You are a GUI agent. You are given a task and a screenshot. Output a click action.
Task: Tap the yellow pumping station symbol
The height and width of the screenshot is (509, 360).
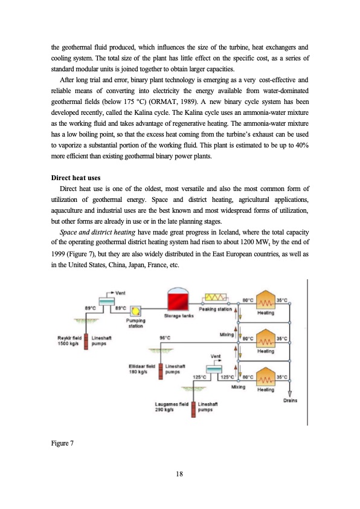[x=135, y=311]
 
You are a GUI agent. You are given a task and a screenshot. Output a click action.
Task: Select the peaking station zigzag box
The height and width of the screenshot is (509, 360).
[x=216, y=297]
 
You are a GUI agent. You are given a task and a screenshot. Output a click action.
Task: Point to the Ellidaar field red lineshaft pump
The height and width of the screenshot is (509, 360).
[x=161, y=370]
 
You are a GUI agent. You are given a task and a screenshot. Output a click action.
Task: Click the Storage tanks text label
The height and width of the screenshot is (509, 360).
[x=179, y=316]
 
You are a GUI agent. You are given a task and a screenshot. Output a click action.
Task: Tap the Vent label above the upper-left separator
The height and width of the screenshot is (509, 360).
[x=120, y=293]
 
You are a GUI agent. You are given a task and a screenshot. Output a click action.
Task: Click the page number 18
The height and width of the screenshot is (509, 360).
[x=179, y=473]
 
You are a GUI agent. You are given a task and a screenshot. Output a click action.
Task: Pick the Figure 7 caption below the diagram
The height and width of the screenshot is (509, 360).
[x=63, y=444]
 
